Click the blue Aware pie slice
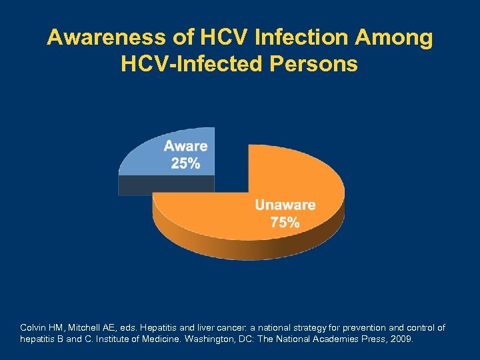tap(143, 160)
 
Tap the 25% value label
tap(185, 163)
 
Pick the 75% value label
tap(285, 223)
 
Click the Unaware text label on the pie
tap(285, 205)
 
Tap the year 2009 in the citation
tap(402, 339)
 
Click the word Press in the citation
tap(376, 339)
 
